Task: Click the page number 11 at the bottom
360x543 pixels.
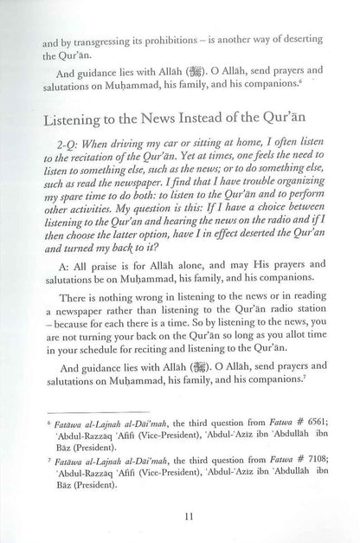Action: (179, 517)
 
